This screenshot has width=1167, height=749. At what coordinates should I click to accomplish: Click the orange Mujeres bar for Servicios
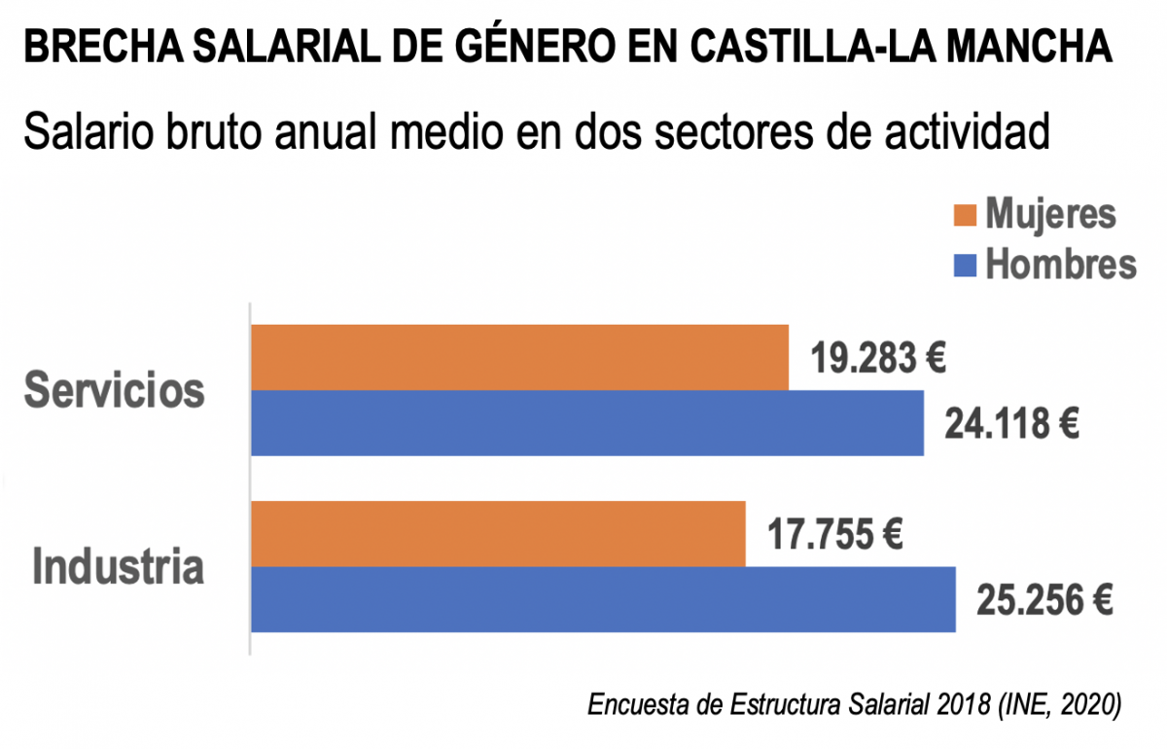(520, 358)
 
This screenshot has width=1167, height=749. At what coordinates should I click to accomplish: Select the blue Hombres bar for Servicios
(587, 423)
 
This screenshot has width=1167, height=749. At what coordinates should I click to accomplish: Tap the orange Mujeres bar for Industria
(498, 534)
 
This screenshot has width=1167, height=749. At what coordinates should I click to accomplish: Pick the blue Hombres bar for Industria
(603, 599)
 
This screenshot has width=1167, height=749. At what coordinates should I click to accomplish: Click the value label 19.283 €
(879, 359)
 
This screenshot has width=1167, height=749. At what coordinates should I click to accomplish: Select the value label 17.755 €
(835, 535)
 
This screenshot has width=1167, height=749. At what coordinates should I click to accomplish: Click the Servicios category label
(115, 391)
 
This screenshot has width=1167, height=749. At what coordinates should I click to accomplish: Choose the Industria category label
(119, 567)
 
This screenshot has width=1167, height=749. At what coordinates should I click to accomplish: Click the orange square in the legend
(965, 215)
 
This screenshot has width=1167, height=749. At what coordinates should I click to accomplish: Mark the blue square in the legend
(965, 264)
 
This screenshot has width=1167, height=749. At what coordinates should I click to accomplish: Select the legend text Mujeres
(1051, 214)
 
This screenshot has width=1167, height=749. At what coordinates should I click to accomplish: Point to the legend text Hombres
(1061, 264)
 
